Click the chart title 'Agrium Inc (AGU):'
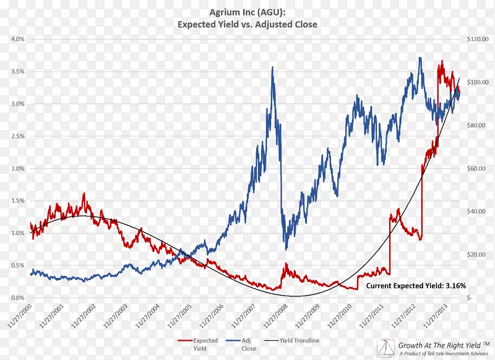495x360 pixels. [247, 12]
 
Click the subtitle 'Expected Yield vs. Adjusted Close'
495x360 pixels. [247, 25]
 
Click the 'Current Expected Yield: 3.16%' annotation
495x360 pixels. [416, 286]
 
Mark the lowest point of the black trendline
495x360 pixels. [296, 296]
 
